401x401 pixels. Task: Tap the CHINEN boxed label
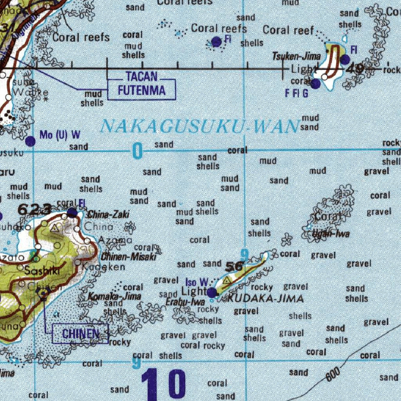(x=80, y=334)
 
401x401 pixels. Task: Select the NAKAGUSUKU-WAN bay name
(x=199, y=126)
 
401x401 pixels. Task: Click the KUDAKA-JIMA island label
(x=266, y=299)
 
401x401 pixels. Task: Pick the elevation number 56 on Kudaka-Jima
(x=234, y=267)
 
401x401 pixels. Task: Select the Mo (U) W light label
(x=60, y=135)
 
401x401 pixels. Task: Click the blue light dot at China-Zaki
(x=72, y=213)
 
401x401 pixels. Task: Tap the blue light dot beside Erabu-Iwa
(x=212, y=292)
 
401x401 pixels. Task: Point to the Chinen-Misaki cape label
(x=129, y=257)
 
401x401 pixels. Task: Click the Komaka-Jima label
(x=115, y=296)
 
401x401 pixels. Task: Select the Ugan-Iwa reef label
(x=331, y=234)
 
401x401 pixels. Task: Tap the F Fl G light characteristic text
(x=296, y=94)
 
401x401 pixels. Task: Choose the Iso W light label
(x=197, y=282)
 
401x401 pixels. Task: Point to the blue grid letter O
(x=137, y=151)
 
